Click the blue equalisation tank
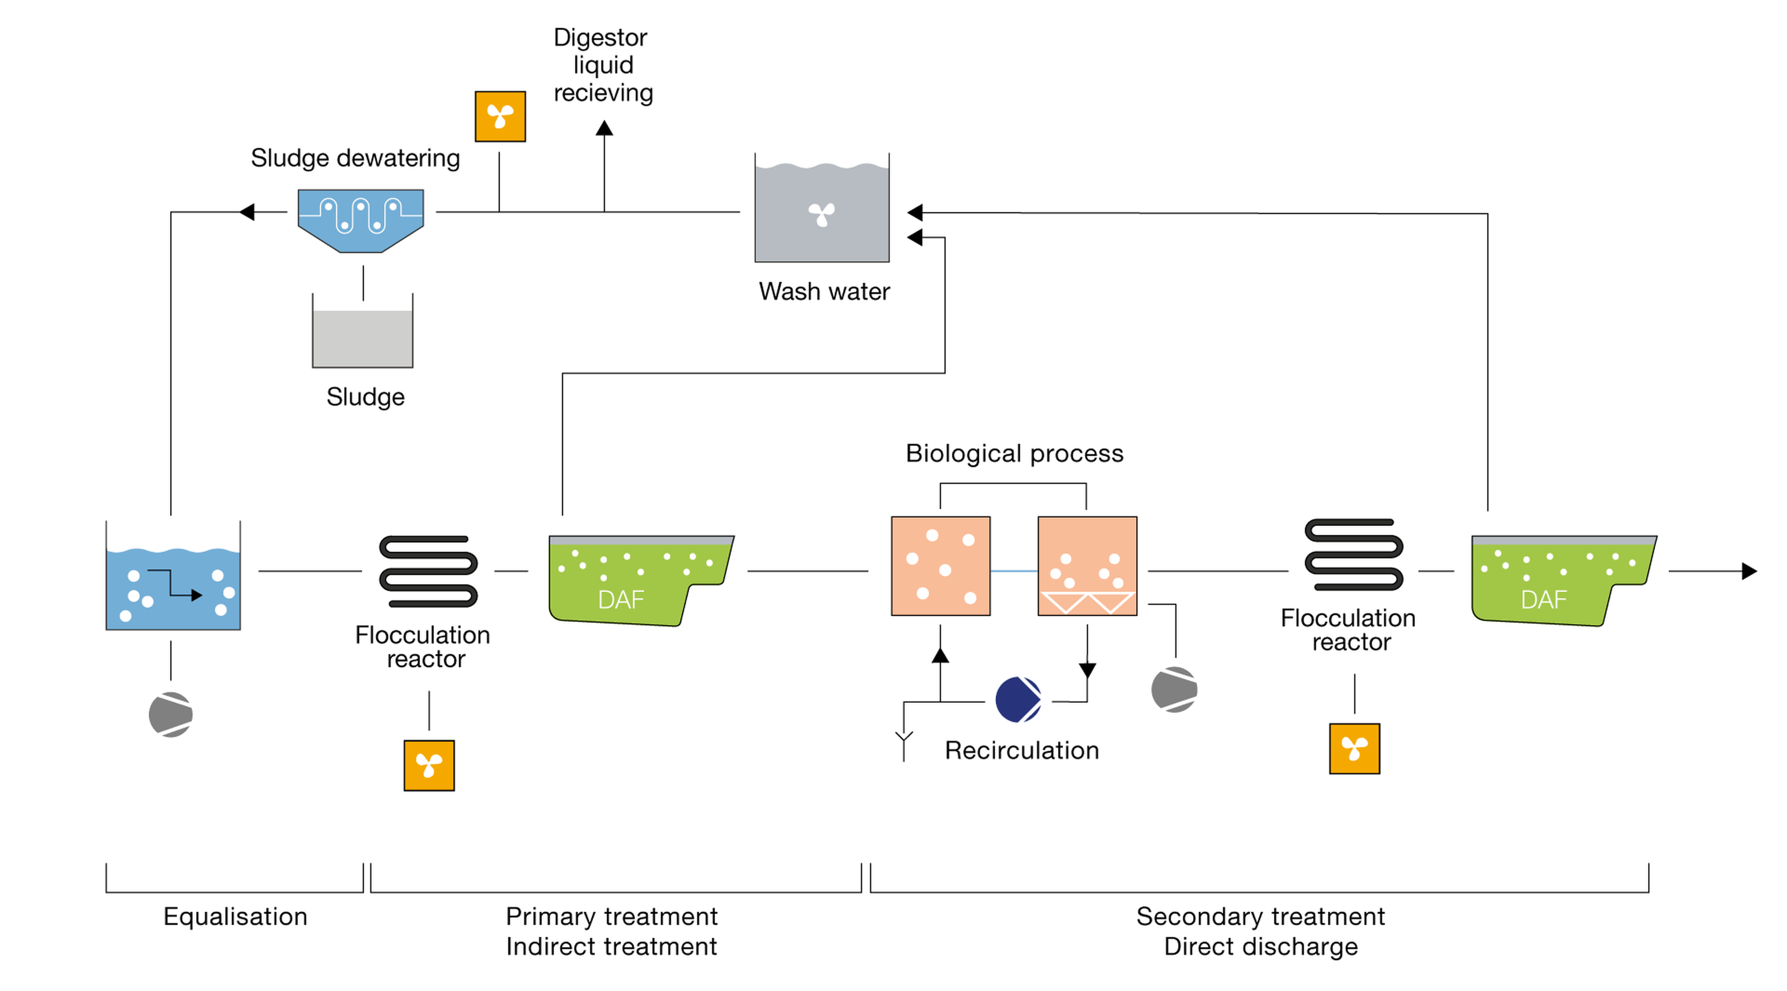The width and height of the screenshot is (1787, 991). [x=173, y=586]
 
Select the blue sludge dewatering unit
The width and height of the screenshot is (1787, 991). [x=361, y=219]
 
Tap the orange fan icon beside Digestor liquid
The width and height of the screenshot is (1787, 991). [x=500, y=116]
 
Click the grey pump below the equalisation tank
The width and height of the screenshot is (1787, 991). [x=171, y=714]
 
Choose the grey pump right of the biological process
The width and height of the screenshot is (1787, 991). [x=1174, y=690]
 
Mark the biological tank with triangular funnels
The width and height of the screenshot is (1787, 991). [x=1087, y=566]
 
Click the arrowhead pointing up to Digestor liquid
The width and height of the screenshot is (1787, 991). [x=604, y=128]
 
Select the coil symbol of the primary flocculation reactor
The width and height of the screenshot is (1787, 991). [x=428, y=571]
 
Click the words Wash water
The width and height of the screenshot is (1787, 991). [x=824, y=291]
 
